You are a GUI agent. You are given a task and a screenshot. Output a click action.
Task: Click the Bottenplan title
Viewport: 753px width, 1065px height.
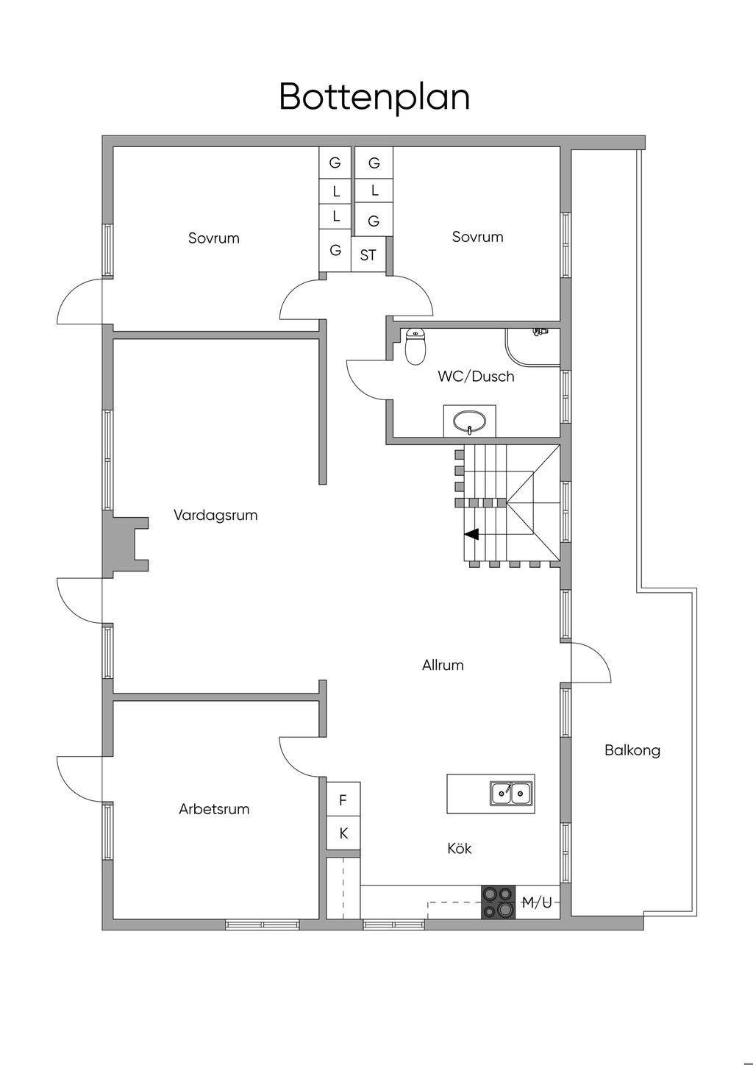coord(374,97)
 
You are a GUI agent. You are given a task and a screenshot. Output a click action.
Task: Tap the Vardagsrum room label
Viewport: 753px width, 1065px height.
coord(215,515)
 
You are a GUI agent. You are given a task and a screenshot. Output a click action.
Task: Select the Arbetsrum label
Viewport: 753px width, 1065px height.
coord(214,809)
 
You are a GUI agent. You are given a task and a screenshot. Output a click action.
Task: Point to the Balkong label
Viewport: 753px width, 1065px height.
coord(632,750)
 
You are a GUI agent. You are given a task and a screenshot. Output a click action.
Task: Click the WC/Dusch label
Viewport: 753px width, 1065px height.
coord(476,377)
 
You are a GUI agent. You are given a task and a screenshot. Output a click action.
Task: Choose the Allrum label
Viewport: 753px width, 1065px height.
coord(443,665)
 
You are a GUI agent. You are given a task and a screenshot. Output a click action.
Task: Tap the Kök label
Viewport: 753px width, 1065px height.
coord(460,848)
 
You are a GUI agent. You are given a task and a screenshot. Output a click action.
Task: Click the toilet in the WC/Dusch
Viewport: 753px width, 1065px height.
coord(416,346)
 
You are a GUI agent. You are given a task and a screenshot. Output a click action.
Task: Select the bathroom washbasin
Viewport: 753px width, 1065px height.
coord(469,422)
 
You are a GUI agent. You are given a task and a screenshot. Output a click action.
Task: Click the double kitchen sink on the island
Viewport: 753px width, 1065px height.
coord(511,793)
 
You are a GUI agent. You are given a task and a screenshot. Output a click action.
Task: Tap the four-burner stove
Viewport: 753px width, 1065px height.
coord(498,902)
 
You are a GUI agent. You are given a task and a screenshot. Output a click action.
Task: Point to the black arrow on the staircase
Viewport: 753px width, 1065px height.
coord(471,534)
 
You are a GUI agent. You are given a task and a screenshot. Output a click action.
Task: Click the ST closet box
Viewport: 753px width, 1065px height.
coord(368,255)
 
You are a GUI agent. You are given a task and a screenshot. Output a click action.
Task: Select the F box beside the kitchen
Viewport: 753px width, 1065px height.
coord(343,801)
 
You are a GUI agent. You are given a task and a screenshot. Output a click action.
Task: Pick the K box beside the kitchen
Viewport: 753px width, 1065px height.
coord(343,834)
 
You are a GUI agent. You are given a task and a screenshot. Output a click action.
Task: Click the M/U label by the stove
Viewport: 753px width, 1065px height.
coord(537,902)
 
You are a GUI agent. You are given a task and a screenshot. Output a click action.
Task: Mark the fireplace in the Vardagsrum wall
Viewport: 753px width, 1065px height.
coord(126,544)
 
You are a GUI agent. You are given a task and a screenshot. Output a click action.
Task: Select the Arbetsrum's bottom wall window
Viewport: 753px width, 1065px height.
coord(262,925)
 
